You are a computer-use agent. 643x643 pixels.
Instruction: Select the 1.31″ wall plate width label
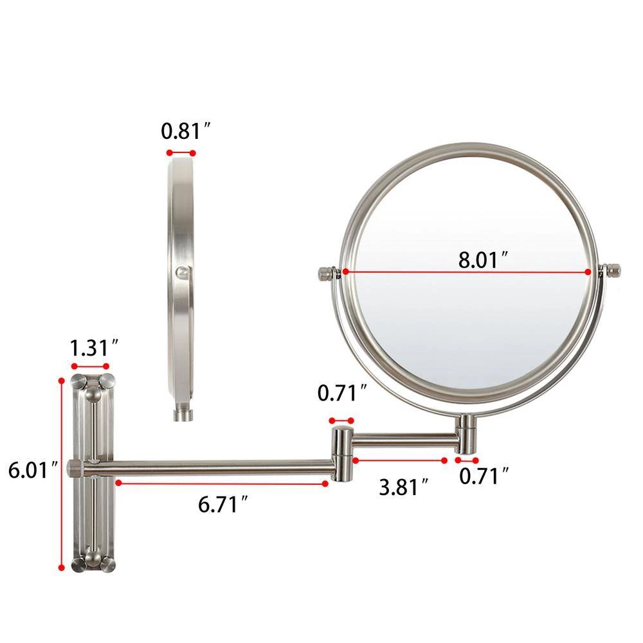tap(94, 349)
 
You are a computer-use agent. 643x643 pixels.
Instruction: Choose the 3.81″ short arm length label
tap(403, 487)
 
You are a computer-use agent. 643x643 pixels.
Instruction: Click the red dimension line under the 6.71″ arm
tap(221, 482)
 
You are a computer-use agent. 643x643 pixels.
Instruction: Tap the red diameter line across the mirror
tap(467, 272)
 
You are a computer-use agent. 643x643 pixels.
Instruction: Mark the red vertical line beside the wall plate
tap(62, 473)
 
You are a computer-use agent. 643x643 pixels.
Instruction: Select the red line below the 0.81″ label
tap(181, 153)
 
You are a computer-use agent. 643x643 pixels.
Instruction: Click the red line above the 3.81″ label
tap(399, 460)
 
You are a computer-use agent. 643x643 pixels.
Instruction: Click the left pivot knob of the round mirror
tap(326, 273)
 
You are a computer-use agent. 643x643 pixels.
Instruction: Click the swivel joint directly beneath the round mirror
tap(466, 433)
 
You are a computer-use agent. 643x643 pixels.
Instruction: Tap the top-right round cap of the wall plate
tap(107, 379)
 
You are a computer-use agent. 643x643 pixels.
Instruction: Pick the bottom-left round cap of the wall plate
tap(78, 565)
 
